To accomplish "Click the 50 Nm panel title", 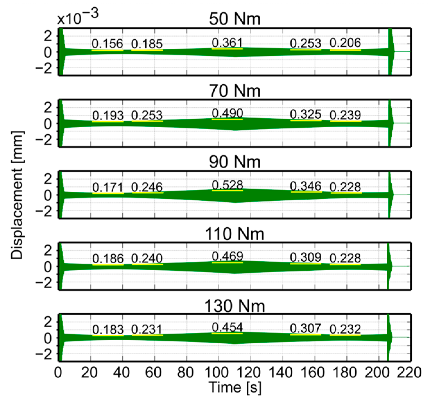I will click(x=235, y=19).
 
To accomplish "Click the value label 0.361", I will click(x=227, y=43).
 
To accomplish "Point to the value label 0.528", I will click(x=228, y=185).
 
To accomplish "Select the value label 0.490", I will click(x=228, y=113).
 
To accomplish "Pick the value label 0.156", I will click(x=107, y=44).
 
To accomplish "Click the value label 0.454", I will click(x=228, y=328).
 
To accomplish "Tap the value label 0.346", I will click(x=305, y=186).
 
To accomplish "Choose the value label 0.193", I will click(x=108, y=115).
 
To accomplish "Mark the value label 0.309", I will click(x=305, y=257).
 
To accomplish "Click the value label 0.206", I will click(x=345, y=43).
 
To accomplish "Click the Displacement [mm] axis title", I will click(x=17, y=195).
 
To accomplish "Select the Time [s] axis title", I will click(x=235, y=387).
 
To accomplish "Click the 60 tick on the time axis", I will click(x=154, y=373).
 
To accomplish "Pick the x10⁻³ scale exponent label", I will click(x=78, y=18).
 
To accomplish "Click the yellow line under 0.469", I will click(x=227, y=263).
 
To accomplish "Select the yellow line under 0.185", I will click(x=147, y=50).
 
